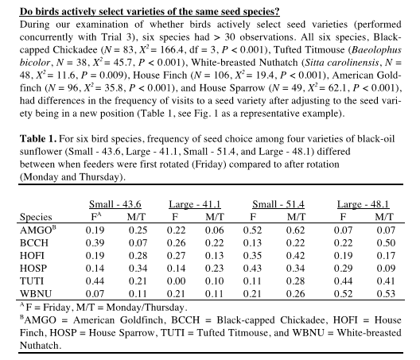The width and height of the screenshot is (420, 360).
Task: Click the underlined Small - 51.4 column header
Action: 278,204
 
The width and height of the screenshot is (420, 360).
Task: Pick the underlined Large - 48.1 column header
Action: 363,204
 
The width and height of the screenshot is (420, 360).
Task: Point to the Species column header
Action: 36,217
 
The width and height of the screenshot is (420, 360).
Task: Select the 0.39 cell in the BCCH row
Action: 95,242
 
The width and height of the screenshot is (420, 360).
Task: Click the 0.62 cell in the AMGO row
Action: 295,230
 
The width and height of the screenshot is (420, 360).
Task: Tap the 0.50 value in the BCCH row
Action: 386,242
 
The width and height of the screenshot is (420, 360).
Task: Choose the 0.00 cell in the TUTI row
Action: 176,281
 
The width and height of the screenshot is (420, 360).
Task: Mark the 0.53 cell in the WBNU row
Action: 386,293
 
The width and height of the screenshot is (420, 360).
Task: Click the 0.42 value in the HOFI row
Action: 295,256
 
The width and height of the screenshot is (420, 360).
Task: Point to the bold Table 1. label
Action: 38,139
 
